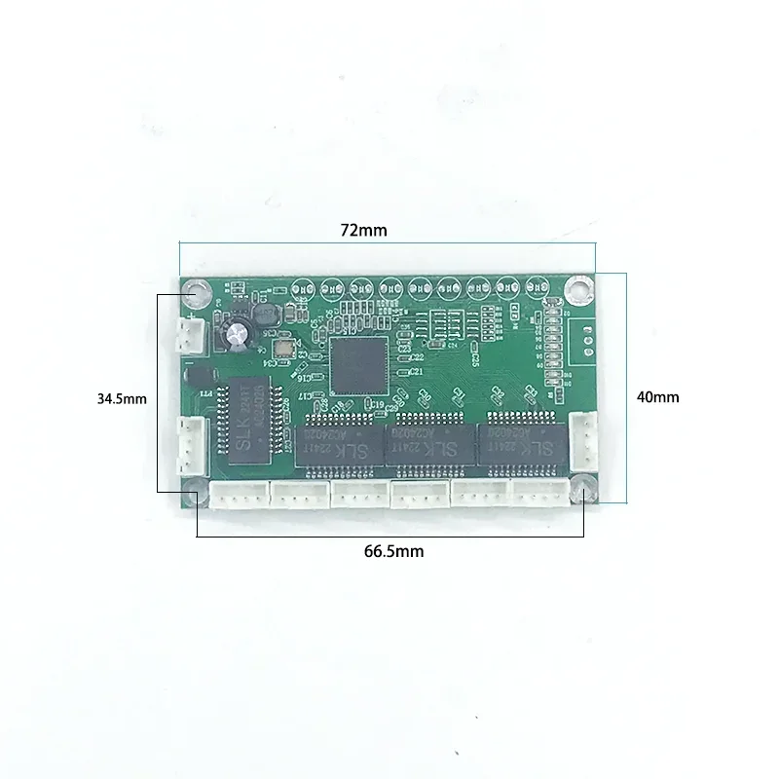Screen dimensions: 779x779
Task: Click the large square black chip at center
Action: point(359,363)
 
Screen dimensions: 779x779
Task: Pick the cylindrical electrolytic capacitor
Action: point(240,335)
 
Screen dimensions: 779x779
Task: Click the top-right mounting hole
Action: point(580,289)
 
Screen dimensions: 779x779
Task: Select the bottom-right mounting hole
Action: point(582,490)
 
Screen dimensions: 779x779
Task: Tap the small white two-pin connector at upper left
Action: point(188,335)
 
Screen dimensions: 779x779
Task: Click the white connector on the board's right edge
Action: point(583,434)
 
